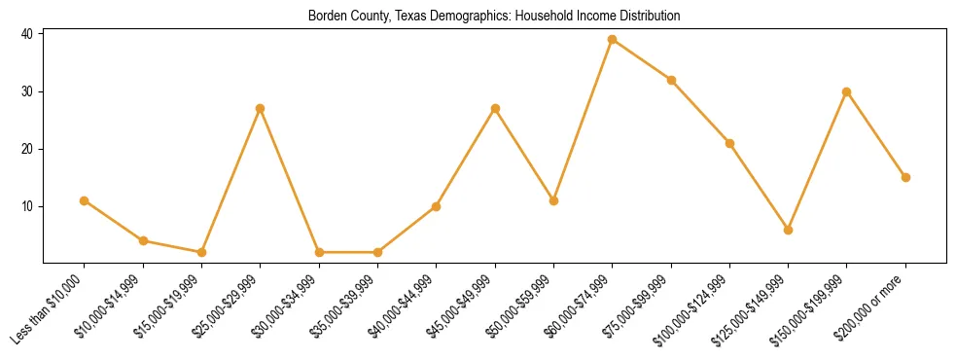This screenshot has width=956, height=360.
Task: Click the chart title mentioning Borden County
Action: coord(493,16)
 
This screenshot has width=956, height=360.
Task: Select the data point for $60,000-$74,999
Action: coord(612,39)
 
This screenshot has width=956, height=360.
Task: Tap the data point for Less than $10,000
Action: coord(85,200)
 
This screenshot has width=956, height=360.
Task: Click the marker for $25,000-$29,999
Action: coord(260,108)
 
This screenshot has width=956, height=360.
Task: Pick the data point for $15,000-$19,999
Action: coord(201,252)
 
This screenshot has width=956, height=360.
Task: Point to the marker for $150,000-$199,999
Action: coord(846,91)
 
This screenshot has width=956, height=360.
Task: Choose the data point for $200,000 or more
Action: coord(905,177)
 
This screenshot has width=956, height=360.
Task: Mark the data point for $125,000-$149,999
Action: coord(788,230)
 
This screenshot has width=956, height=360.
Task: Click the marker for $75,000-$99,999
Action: coord(671,80)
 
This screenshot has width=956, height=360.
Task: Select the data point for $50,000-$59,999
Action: coord(553,200)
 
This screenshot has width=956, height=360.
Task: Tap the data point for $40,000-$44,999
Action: coord(436,206)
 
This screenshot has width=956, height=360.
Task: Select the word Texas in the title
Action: coord(410,16)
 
